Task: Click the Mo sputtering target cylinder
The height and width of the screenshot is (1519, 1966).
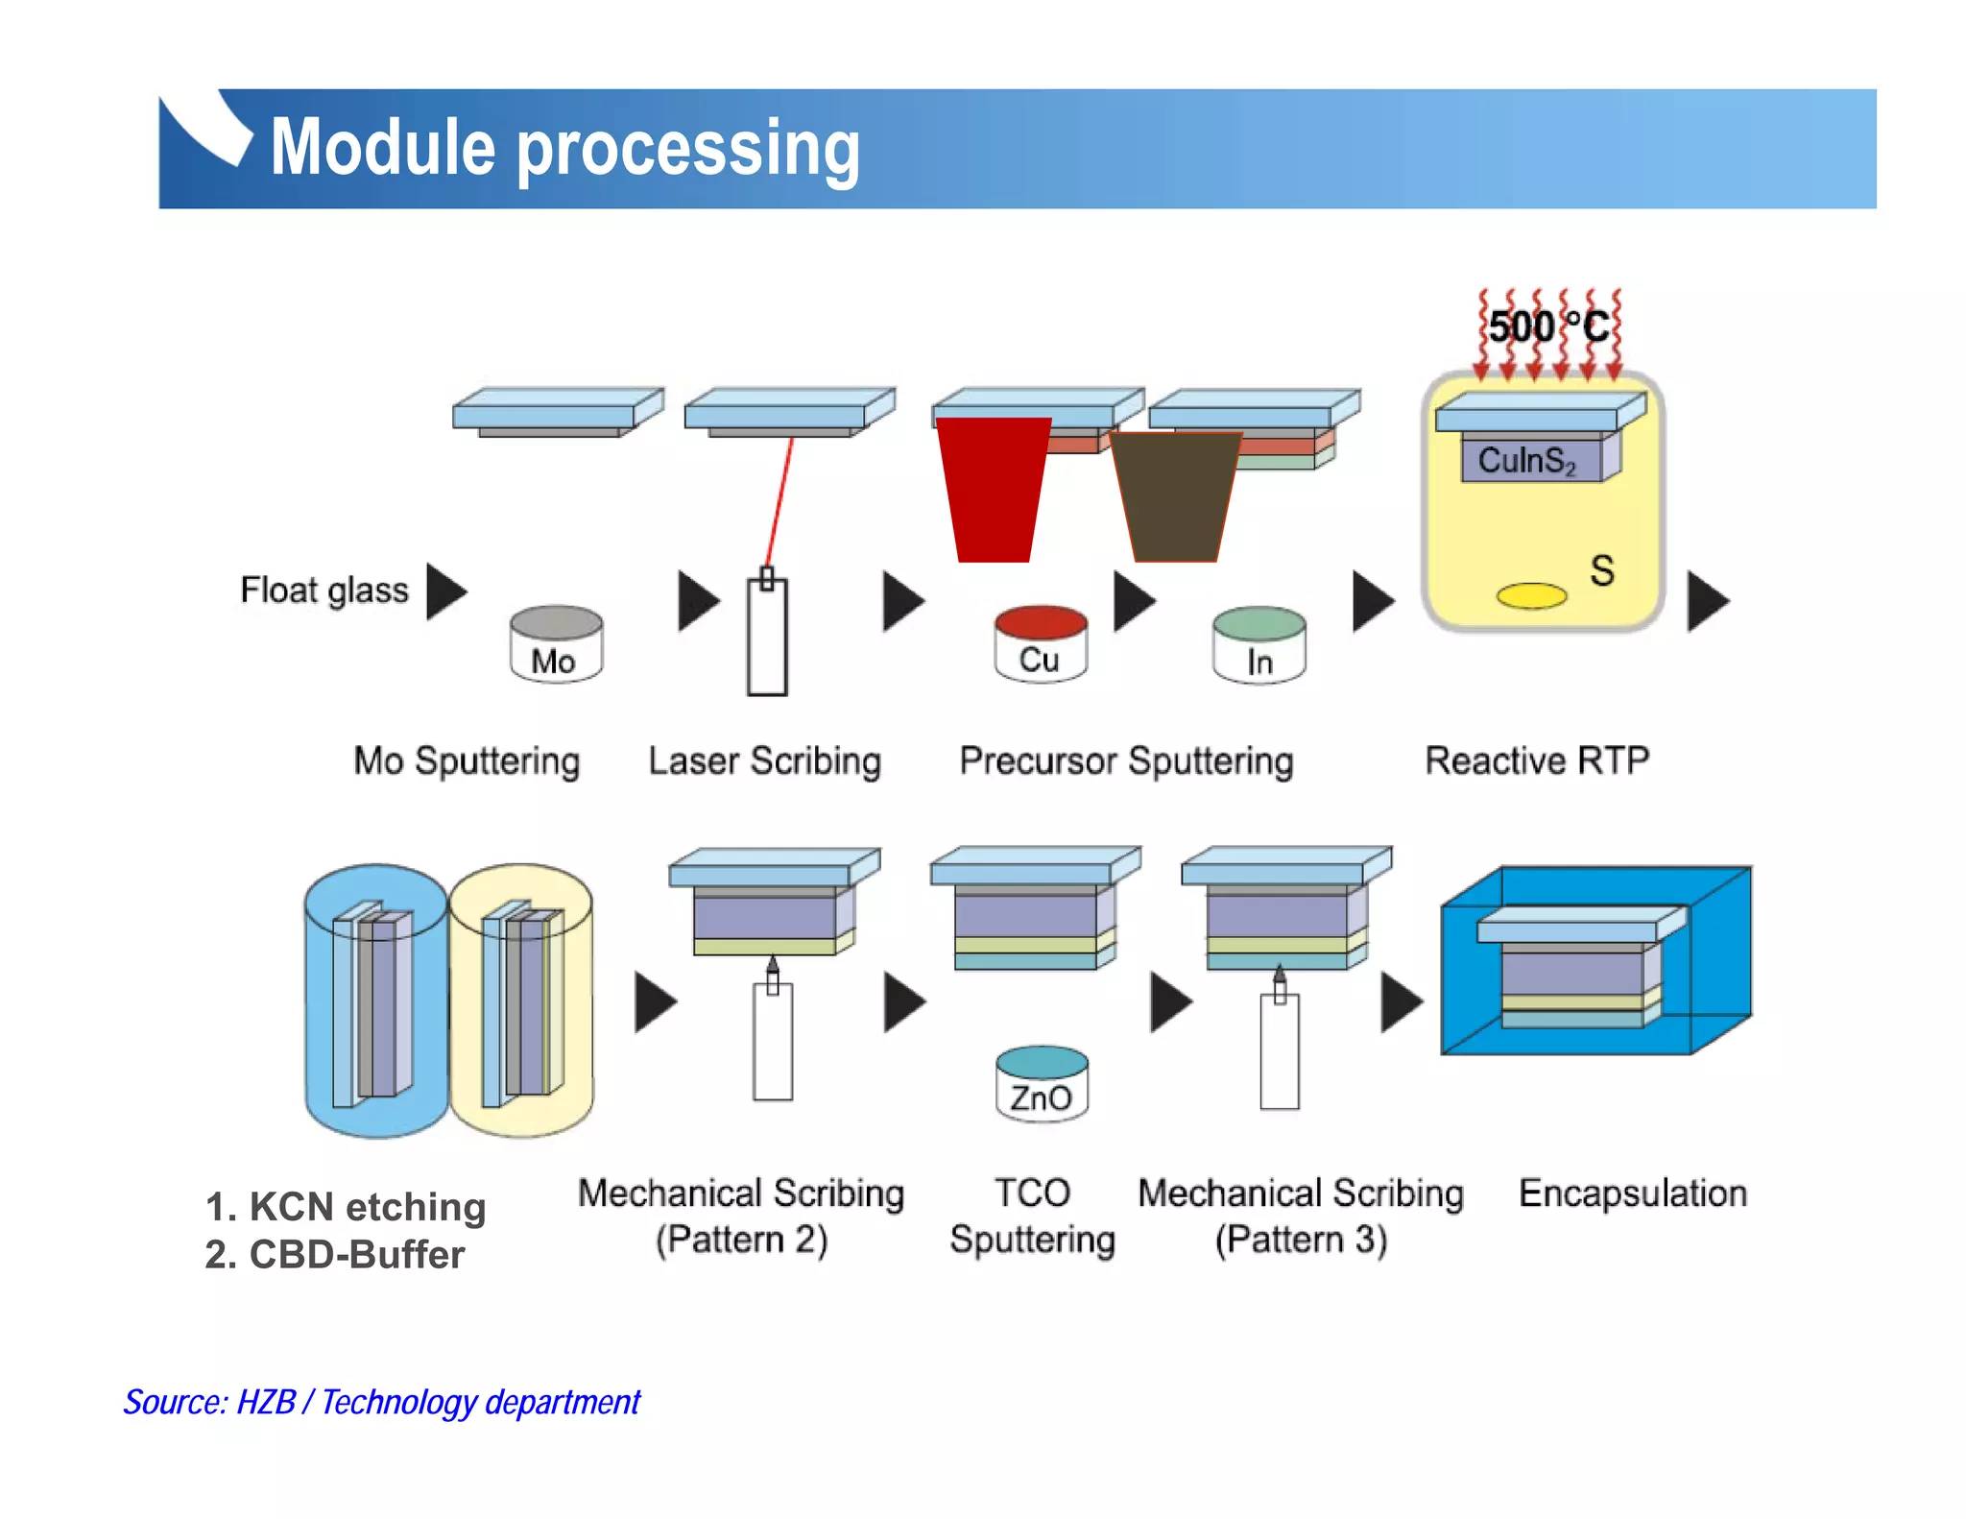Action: click(556, 644)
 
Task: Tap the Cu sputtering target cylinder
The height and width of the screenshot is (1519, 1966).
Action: click(1041, 644)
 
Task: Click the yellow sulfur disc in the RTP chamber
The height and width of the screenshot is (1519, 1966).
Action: click(1531, 596)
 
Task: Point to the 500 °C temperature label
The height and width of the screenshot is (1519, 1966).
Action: click(1547, 327)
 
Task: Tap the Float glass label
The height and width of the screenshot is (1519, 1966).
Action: click(324, 590)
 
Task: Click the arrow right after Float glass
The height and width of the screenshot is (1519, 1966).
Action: click(444, 591)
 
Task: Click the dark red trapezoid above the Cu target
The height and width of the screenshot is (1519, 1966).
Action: click(994, 489)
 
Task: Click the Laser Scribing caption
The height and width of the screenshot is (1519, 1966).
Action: click(764, 760)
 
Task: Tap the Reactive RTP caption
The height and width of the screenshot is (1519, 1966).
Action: click(1536, 760)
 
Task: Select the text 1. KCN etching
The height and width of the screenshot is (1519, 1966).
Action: click(346, 1207)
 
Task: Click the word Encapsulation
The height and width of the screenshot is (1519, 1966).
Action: click(1632, 1193)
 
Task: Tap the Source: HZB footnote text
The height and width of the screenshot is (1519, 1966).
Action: click(381, 1402)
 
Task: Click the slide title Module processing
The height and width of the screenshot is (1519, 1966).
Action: click(564, 148)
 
